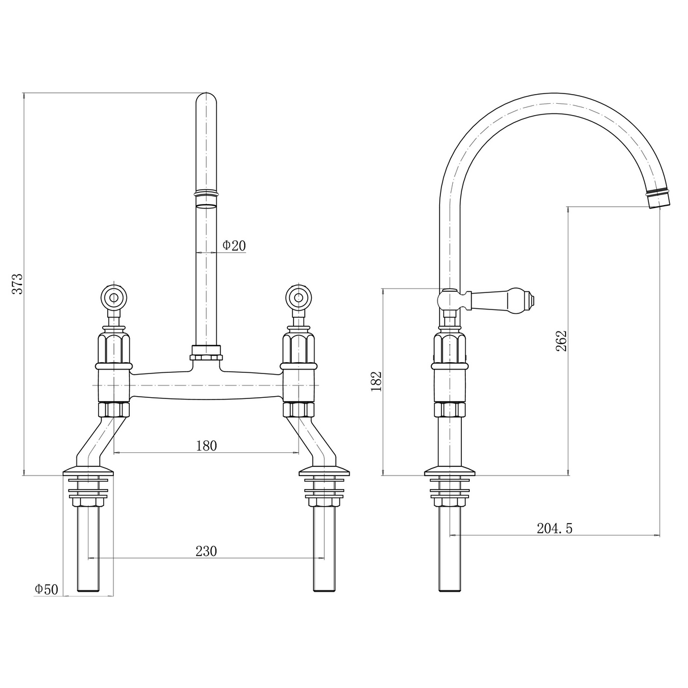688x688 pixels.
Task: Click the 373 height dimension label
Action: (x=18, y=284)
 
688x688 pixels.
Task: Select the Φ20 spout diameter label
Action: (x=233, y=245)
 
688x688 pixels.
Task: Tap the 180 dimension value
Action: (x=206, y=445)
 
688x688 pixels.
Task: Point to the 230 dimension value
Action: (x=206, y=551)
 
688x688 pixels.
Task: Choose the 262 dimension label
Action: (x=561, y=341)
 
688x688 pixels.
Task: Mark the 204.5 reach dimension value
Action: (x=554, y=528)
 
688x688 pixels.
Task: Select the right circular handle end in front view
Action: (x=299, y=297)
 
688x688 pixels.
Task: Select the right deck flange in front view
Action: (x=325, y=472)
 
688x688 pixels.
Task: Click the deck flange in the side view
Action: (x=450, y=472)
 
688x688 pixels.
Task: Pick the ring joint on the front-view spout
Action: (x=206, y=194)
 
